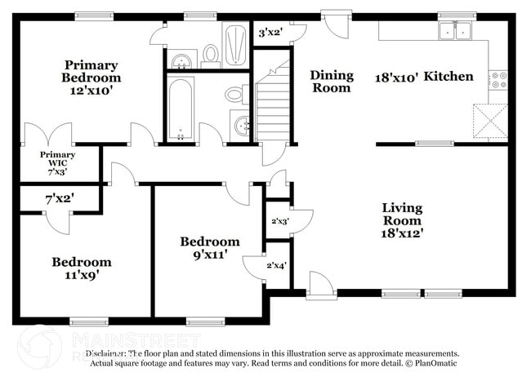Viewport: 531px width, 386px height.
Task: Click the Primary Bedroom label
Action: click(91, 71)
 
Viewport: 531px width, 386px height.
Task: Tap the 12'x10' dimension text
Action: click(91, 91)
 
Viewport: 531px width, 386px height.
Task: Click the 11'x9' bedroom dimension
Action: click(82, 275)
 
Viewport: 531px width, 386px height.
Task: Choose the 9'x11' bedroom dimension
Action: click(210, 255)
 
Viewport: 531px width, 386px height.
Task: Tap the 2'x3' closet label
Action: click(279, 220)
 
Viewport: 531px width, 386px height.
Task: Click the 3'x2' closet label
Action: click(270, 33)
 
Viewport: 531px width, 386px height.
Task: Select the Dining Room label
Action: click(332, 81)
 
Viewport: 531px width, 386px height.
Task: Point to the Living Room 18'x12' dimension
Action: click(402, 232)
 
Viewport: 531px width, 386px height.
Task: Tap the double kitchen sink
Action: click(456, 31)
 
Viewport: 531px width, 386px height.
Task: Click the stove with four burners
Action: click(498, 79)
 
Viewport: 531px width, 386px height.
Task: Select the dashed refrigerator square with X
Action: click(492, 122)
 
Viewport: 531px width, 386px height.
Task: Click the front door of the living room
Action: click(321, 286)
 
